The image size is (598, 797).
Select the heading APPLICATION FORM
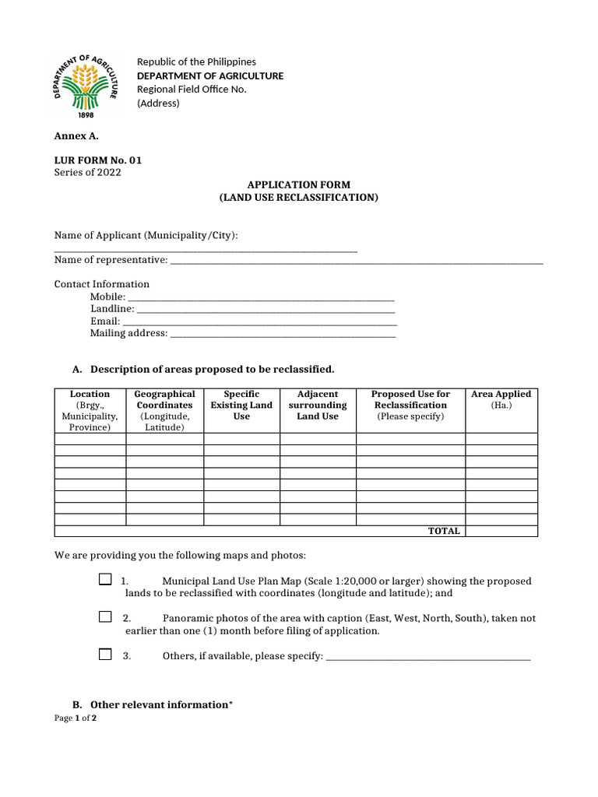299,184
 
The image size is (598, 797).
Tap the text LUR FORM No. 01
98,160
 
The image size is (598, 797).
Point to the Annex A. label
76,135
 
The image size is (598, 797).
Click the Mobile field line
261,298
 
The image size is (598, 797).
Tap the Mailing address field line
283,335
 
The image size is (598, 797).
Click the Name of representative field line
356,261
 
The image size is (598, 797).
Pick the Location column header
90,410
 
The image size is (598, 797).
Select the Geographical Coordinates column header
164,410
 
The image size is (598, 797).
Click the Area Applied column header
501,399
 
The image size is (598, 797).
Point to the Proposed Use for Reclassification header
410,405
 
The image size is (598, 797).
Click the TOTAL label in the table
444,531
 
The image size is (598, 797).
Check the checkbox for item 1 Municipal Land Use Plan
105,580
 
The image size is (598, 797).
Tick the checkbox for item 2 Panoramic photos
105,616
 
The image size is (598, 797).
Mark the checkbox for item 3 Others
105,655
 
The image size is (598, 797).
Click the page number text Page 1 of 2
76,718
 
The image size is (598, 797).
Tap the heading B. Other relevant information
153,704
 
